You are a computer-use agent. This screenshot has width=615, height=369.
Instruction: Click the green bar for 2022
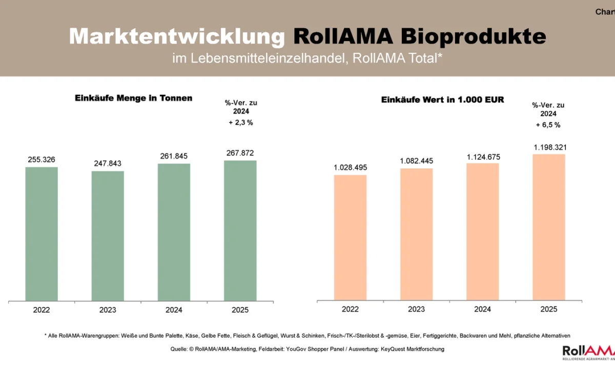pos(42,234)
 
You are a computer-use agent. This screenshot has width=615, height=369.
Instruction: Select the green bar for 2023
pos(108,236)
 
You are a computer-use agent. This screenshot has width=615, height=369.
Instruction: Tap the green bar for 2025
pos(240,231)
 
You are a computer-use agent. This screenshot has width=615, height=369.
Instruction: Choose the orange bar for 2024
pos(482,232)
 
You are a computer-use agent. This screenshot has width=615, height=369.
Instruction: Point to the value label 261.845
pos(174,156)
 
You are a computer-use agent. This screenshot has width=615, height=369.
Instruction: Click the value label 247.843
pos(108,163)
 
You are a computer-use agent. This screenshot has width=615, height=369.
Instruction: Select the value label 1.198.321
pos(548,147)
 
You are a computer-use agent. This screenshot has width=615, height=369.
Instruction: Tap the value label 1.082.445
pos(416,161)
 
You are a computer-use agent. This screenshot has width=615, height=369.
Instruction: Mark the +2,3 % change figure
pos(240,122)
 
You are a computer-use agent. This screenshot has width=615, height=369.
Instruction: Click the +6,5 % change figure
pos(548,125)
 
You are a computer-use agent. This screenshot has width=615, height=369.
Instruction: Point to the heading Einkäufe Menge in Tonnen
pos(133,98)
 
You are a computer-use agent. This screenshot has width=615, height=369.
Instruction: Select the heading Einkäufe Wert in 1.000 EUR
pos(442,100)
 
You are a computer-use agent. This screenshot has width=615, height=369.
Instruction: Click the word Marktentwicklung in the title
pos(177,36)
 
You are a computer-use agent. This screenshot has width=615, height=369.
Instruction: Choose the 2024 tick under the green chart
pos(174,310)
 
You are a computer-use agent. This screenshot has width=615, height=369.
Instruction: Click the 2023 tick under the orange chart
pos(416,309)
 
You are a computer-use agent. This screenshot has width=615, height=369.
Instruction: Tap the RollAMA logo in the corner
pos(588,351)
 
